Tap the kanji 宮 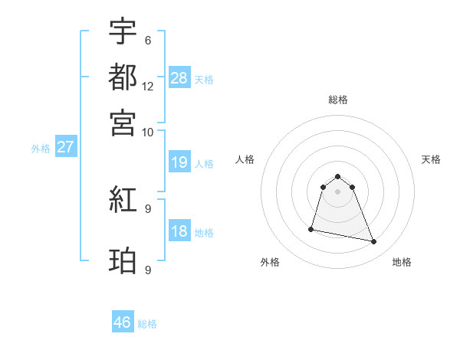pyautogui.click(x=123, y=122)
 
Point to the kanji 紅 pyautogui.click(x=123, y=201)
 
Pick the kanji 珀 pyautogui.click(x=123, y=261)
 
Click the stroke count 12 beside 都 pyautogui.click(x=148, y=86)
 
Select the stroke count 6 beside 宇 pyautogui.click(x=147, y=40)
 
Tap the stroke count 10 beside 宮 pyautogui.click(x=148, y=132)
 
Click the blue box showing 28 pyautogui.click(x=179, y=77)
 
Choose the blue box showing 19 pyautogui.click(x=179, y=162)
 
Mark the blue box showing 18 pyautogui.click(x=179, y=231)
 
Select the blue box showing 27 pyautogui.click(x=65, y=147)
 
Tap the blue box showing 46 pyautogui.click(x=123, y=322)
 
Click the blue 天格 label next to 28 pyautogui.click(x=204, y=80)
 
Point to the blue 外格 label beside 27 pyautogui.click(x=41, y=149)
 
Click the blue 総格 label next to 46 pyautogui.click(x=147, y=324)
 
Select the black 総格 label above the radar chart pyautogui.click(x=337, y=100)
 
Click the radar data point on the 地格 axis pyautogui.click(x=374, y=242)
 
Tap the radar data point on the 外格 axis pyautogui.click(x=311, y=228)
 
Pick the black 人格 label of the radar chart pyautogui.click(x=245, y=159)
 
